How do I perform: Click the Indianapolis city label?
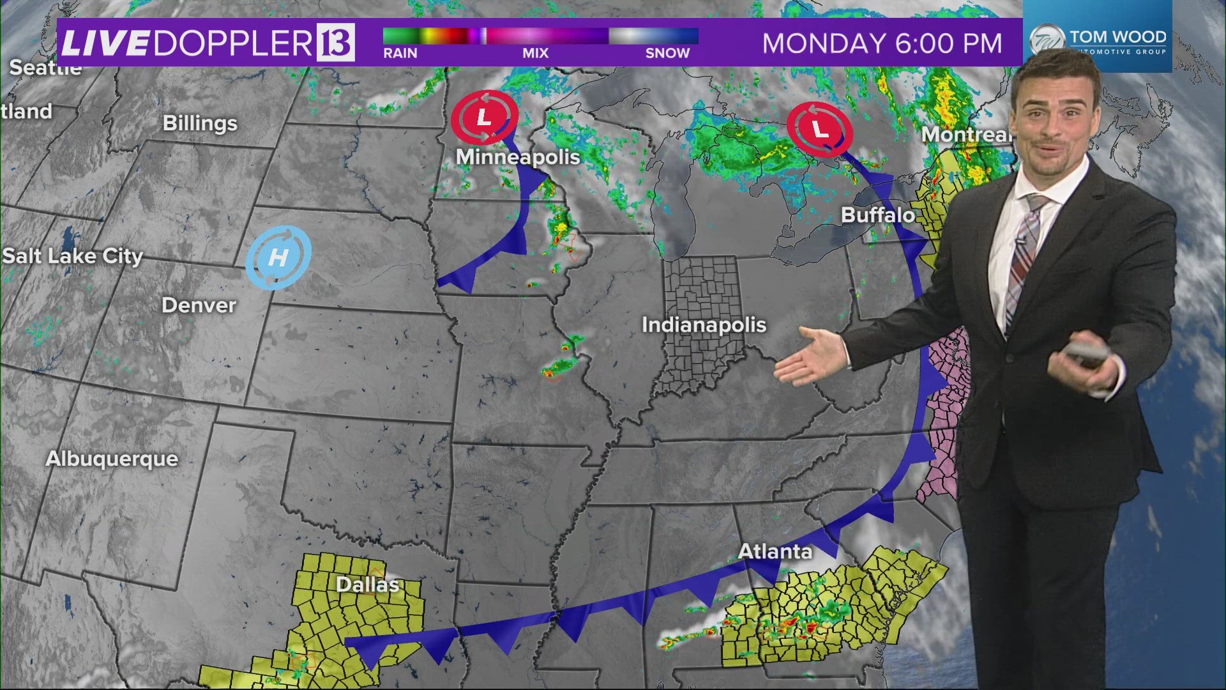click(704, 325)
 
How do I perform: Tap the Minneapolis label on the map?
click(518, 157)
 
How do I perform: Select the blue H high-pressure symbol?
click(278, 257)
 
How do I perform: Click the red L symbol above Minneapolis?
click(485, 118)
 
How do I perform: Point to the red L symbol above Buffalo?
click(820, 129)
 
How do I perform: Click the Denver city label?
click(199, 305)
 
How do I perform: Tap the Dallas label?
click(367, 585)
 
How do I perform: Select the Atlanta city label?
click(775, 551)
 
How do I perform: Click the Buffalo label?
click(878, 215)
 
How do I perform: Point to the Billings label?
click(200, 123)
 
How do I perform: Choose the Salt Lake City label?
click(72, 256)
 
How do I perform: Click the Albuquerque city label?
click(112, 459)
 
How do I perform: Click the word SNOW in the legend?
click(667, 54)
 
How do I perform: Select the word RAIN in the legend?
click(400, 54)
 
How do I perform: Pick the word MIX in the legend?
click(535, 54)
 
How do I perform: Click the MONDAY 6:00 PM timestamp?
click(882, 43)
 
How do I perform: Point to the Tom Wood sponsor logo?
click(1098, 40)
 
